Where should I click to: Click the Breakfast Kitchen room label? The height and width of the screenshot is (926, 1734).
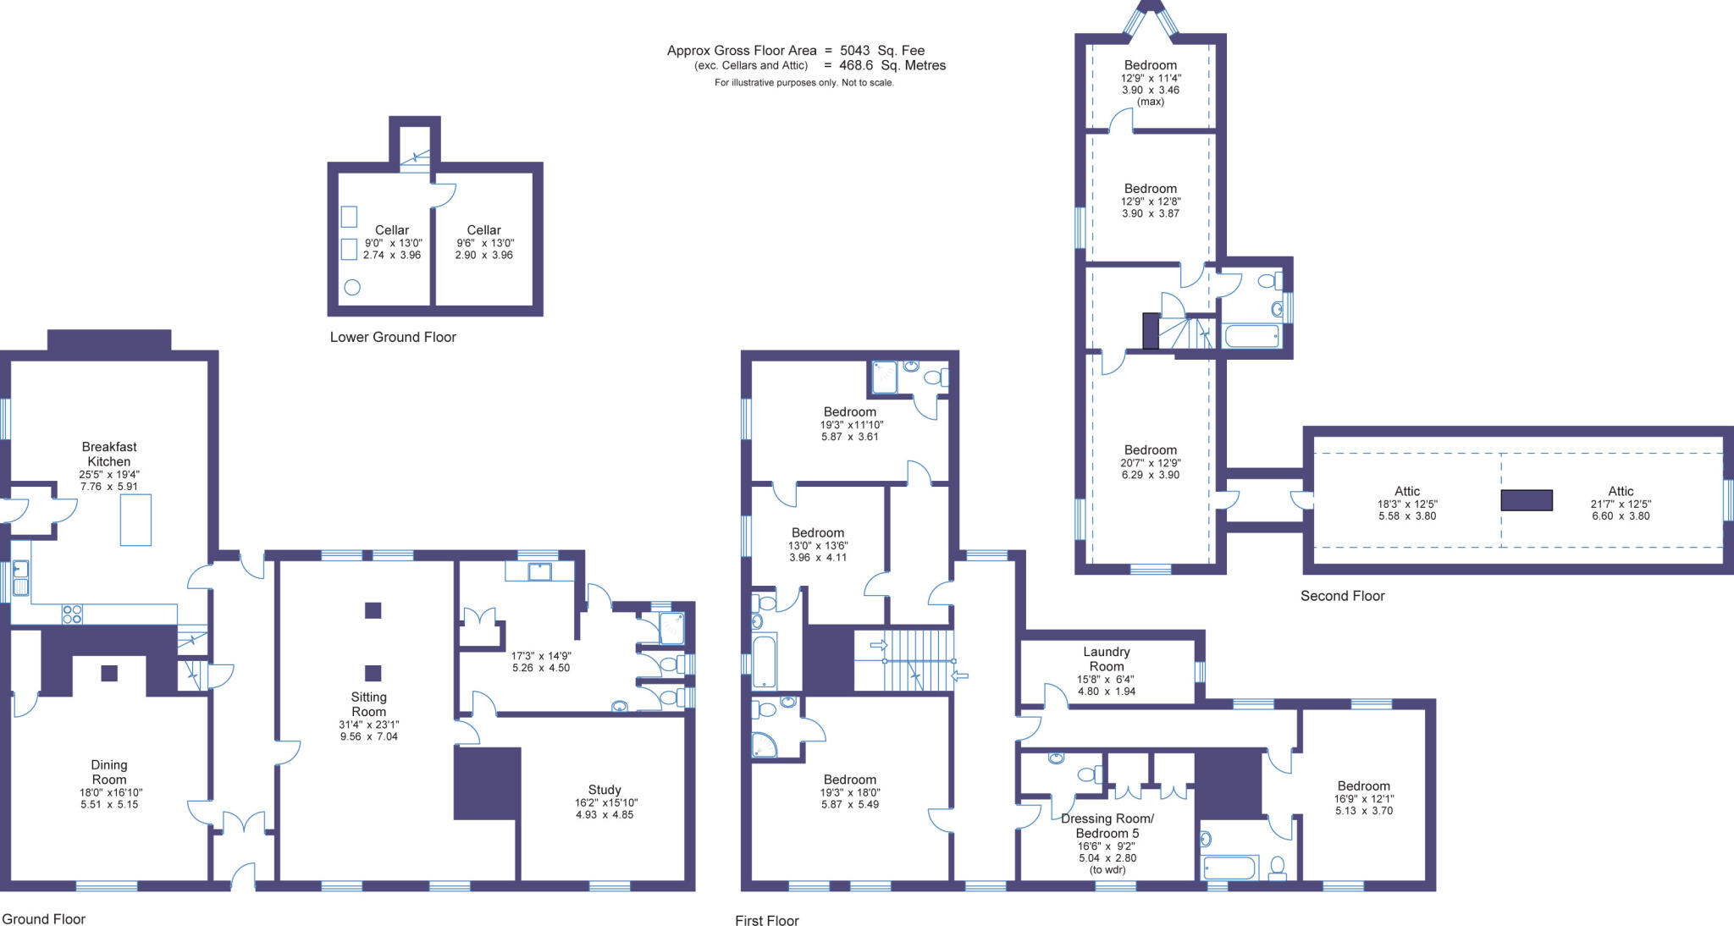[x=109, y=454]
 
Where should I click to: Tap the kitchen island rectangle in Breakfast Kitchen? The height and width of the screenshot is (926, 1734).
[x=135, y=520]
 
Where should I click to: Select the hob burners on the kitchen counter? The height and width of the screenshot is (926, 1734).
[x=72, y=614]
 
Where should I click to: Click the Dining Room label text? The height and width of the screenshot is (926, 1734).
[x=109, y=772]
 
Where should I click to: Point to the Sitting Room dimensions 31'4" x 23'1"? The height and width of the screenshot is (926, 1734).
[x=368, y=725]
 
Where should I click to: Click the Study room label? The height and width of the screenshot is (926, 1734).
[x=605, y=789]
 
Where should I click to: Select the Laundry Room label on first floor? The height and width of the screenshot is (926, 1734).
[x=1107, y=659]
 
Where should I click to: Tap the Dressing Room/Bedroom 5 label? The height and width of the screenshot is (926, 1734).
[x=1107, y=825]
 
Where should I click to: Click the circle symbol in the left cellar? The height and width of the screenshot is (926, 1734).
[x=352, y=287]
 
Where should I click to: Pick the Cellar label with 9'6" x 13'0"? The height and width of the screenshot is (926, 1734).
[x=483, y=230]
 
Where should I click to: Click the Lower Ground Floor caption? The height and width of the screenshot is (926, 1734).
[x=393, y=337]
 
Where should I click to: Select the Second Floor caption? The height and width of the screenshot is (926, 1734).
[x=1342, y=596]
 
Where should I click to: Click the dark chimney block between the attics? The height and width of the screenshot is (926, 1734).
[x=1527, y=500]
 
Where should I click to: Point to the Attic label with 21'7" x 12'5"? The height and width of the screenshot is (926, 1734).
[x=1621, y=491]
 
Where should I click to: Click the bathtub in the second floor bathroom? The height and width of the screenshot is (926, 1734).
[x=1251, y=336]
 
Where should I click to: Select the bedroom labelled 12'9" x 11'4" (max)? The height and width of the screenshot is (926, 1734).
[x=1150, y=65]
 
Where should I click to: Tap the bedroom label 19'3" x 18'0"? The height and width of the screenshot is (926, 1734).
[x=849, y=780]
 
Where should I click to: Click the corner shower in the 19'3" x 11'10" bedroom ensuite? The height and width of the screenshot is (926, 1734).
[x=884, y=378]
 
